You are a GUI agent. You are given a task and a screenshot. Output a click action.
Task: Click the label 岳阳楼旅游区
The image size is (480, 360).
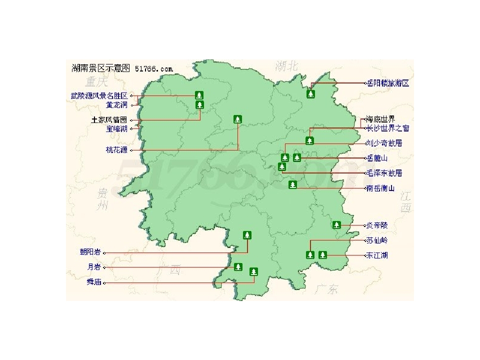(388, 83)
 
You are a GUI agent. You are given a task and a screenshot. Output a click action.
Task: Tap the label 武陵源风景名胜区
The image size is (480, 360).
(99, 95)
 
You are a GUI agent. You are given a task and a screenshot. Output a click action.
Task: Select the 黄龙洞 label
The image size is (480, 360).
(116, 105)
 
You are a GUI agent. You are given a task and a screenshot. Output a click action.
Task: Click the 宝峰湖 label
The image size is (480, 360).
(116, 128)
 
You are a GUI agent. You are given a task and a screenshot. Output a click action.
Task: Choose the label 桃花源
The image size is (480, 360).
(116, 150)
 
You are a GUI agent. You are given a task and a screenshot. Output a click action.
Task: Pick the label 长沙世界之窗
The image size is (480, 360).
(387, 128)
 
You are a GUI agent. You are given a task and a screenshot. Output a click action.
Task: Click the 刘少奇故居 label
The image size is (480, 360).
(384, 143)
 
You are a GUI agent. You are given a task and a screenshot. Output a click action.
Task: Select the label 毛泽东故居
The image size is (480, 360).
(384, 173)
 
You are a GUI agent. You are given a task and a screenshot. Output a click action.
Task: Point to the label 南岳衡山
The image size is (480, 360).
(380, 188)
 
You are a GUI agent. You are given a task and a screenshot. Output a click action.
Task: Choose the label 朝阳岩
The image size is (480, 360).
(90, 252)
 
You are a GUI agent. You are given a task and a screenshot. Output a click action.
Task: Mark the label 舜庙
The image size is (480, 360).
(94, 282)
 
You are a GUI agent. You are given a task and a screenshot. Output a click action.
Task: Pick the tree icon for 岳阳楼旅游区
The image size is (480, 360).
(311, 93)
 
